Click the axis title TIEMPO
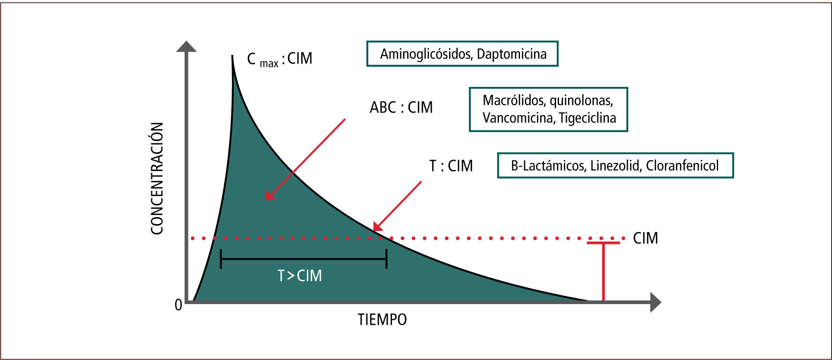tap(382, 320)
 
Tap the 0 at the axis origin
tap(179, 305)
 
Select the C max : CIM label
tap(279, 59)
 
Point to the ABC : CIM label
tap(401, 108)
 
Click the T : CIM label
tap(451, 166)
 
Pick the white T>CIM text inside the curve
tap(300, 276)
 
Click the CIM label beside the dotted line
tap(645, 238)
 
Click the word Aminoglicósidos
tap(426, 54)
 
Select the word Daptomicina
tap(512, 54)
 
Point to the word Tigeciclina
tap(587, 118)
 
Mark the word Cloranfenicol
tap(682, 166)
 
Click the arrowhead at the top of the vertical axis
tap(186, 46)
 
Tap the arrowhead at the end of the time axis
tap(655, 302)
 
